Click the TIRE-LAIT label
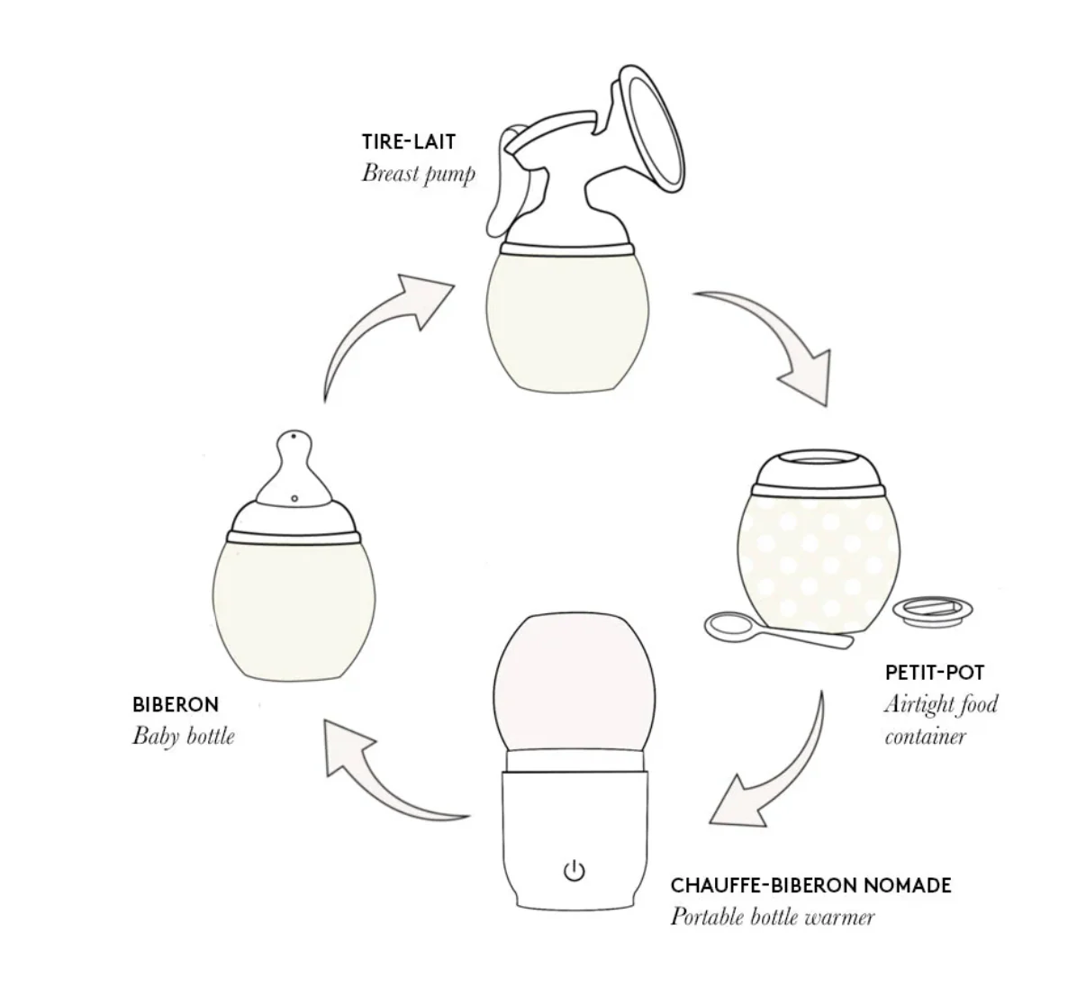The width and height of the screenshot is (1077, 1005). tap(408, 141)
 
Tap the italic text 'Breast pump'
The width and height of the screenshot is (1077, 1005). tap(418, 173)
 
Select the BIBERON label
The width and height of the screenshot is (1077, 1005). tap(175, 704)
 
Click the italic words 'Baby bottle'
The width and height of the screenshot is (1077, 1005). tap(183, 736)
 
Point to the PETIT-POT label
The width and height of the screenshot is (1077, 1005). tap(934, 672)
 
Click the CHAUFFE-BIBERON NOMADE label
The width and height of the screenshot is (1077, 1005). tap(810, 884)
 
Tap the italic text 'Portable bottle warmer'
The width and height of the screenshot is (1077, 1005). tap(772, 917)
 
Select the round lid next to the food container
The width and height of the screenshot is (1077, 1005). tap(932, 611)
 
